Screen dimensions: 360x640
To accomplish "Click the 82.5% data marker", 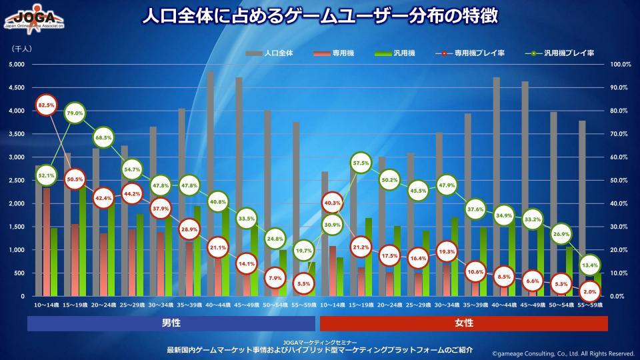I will tap(46, 105).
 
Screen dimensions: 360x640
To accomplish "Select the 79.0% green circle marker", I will tap(75, 114).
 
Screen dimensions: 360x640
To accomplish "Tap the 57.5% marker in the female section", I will tap(361, 163).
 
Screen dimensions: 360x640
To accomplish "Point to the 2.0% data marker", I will tap(589, 292).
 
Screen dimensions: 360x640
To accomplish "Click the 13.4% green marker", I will tap(589, 265).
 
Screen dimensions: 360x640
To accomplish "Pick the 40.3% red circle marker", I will tap(332, 203).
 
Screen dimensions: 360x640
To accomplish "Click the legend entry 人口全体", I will tap(269, 52).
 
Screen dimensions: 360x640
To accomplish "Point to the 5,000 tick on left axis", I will tap(17, 65).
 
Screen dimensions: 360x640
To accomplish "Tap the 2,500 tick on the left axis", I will tap(17, 181).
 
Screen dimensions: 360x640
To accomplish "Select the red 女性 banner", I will tap(464, 323).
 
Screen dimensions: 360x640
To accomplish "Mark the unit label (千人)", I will tap(22, 48).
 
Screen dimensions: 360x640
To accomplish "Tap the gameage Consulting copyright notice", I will tap(563, 354).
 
